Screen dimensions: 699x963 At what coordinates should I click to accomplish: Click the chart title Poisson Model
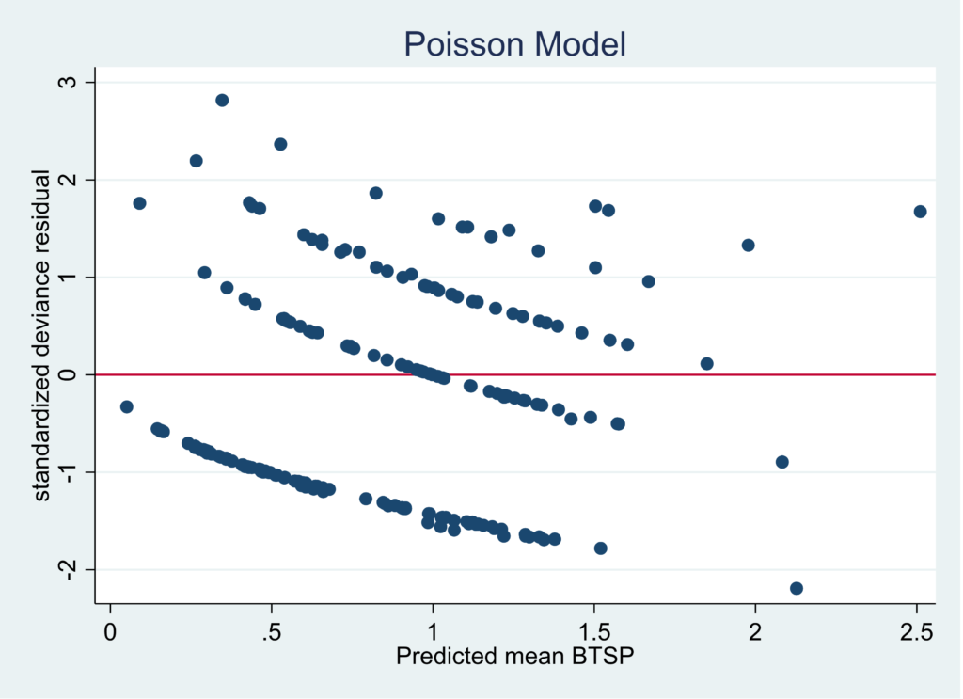(x=514, y=43)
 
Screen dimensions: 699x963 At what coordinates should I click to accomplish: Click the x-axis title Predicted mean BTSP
(x=514, y=656)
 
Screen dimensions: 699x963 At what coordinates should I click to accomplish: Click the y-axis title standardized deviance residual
(x=42, y=335)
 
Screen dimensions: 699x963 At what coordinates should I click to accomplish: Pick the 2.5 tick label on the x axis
(x=917, y=628)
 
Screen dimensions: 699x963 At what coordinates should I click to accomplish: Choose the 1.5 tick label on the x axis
(x=594, y=628)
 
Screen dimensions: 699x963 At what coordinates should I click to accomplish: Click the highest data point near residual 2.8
(x=222, y=101)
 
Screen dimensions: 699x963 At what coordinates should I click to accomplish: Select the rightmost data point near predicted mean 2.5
(x=920, y=212)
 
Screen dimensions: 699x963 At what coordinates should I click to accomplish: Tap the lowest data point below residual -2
(x=797, y=588)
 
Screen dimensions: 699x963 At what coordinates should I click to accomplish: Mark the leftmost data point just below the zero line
(x=126, y=406)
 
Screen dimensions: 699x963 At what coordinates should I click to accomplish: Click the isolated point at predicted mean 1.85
(x=707, y=364)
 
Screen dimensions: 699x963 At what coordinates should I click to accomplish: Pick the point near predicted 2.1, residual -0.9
(x=781, y=462)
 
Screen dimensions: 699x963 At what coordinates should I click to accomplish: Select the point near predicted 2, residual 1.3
(x=749, y=246)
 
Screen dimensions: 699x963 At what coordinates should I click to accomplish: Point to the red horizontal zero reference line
(x=658, y=374)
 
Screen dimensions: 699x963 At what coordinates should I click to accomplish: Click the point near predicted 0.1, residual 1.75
(x=139, y=203)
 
